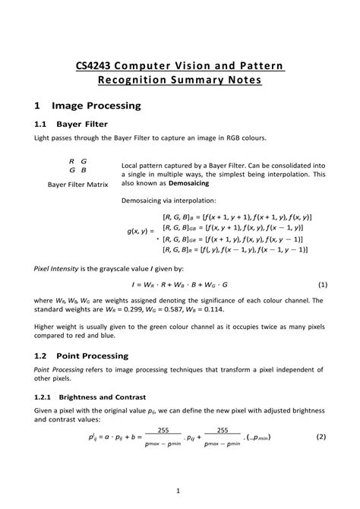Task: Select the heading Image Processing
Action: tap(96, 106)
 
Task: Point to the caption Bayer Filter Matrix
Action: tap(77, 185)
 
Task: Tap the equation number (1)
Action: tap(322, 285)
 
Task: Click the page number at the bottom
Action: tap(178, 489)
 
